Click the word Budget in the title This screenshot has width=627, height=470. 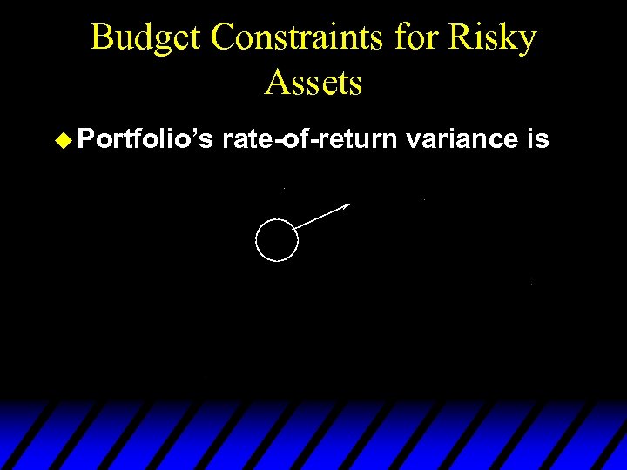point(146,38)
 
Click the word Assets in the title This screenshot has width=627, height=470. point(313,83)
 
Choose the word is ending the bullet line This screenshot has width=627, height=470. point(537,139)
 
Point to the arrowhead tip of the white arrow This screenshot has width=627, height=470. point(349,205)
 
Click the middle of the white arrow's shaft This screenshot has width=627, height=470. point(322,217)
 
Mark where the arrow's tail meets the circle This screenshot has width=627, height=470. point(295,230)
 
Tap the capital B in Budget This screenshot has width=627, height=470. point(102,38)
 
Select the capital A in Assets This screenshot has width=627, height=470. point(277,83)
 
